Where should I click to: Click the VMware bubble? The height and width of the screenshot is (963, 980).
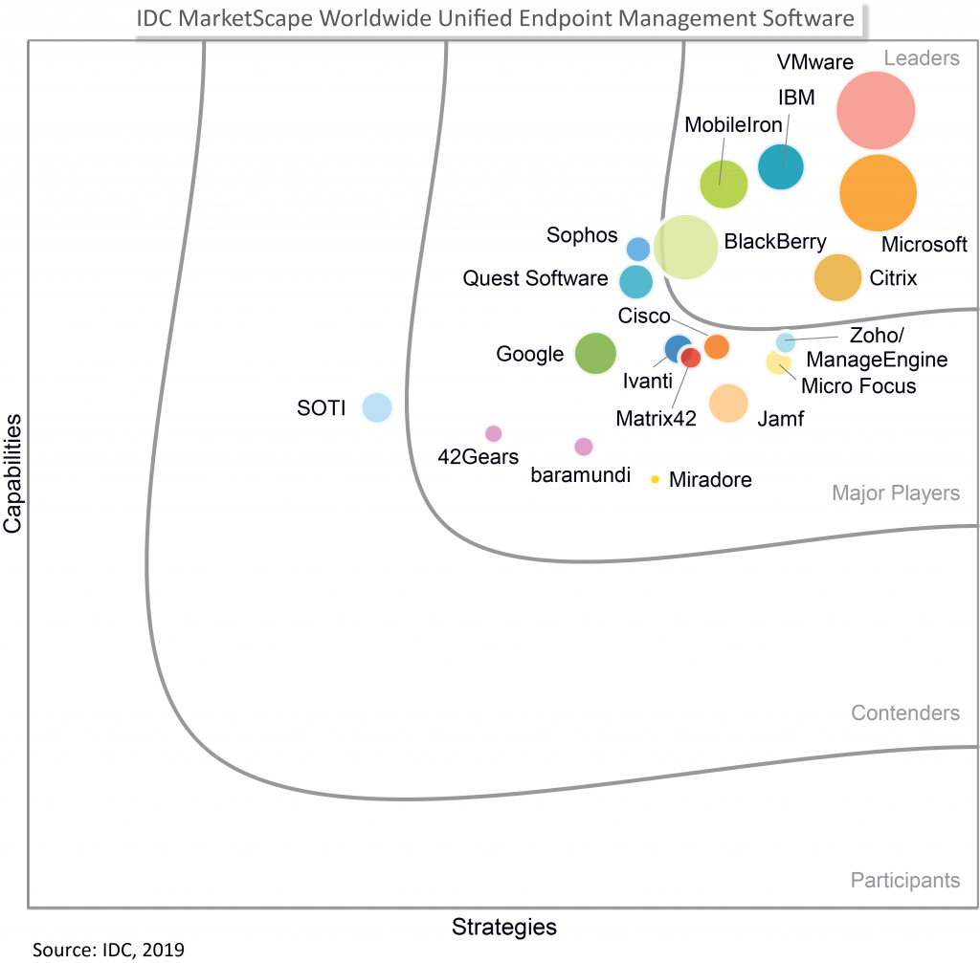pyautogui.click(x=876, y=110)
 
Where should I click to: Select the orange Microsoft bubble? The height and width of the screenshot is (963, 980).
pyautogui.click(x=878, y=192)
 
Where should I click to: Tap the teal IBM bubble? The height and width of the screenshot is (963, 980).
pyautogui.click(x=781, y=167)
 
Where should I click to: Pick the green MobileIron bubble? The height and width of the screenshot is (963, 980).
pyautogui.click(x=724, y=185)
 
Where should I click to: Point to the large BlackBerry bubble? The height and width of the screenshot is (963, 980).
pyautogui.click(x=686, y=247)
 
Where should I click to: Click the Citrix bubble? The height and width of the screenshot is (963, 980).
pyautogui.click(x=837, y=277)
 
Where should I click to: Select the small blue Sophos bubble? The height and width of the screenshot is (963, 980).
pyautogui.click(x=638, y=249)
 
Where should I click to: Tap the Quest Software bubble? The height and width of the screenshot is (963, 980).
pyautogui.click(x=635, y=282)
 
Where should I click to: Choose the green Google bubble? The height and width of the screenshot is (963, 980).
pyautogui.click(x=595, y=353)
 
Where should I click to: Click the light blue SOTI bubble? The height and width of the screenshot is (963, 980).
pyautogui.click(x=377, y=407)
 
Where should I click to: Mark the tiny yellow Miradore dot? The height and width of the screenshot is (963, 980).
pyautogui.click(x=655, y=479)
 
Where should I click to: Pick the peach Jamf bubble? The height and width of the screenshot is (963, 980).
pyautogui.click(x=728, y=403)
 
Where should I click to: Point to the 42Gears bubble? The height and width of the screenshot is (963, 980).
pyautogui.click(x=493, y=433)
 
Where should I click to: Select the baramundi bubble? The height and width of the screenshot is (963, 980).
pyautogui.click(x=583, y=446)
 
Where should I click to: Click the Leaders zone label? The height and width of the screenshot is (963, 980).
pyautogui.click(x=921, y=58)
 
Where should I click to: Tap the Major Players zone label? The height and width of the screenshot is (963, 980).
pyautogui.click(x=895, y=493)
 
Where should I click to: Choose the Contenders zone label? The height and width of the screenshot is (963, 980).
pyautogui.click(x=904, y=713)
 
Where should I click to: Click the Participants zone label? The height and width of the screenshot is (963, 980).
pyautogui.click(x=904, y=880)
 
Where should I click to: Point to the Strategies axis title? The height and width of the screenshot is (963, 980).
pyautogui.click(x=503, y=927)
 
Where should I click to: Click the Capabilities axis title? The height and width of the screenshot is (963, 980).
pyautogui.click(x=14, y=472)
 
